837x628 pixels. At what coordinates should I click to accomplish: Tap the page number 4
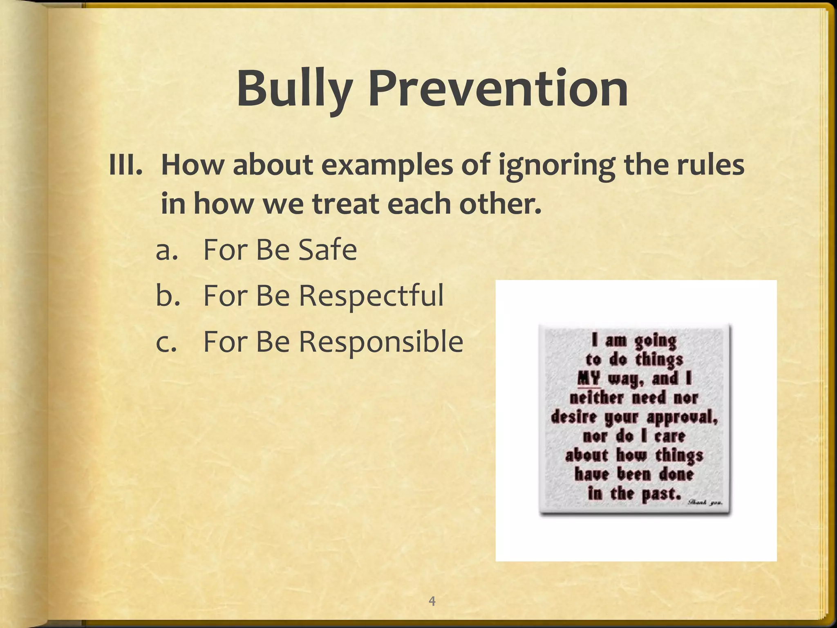(x=432, y=601)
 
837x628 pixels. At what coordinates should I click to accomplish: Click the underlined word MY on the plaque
(x=589, y=379)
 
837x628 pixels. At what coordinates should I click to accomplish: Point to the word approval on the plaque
(x=682, y=417)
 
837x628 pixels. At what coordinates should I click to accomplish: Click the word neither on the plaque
(x=596, y=397)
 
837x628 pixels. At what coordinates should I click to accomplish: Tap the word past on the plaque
(x=661, y=494)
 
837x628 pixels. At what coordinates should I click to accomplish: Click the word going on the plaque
(x=656, y=341)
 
